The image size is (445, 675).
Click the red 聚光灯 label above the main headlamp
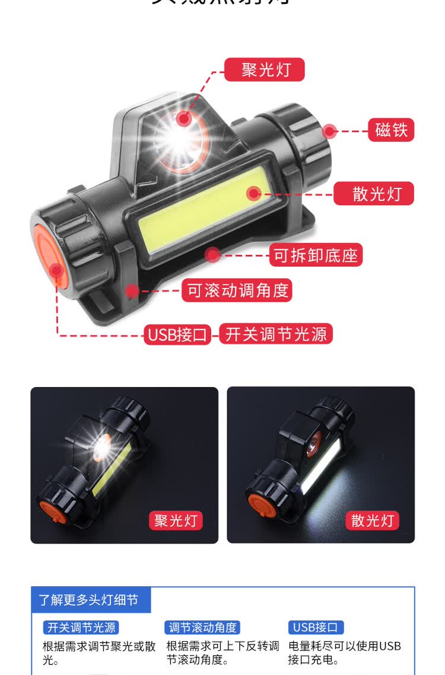265,70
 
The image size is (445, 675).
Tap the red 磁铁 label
392,130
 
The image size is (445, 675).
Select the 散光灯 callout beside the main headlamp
374,193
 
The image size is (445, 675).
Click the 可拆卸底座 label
316,255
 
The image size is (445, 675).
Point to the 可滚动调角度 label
237,290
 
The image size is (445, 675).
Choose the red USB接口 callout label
177,334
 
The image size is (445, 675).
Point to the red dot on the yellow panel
254,193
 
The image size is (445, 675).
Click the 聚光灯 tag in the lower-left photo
176,520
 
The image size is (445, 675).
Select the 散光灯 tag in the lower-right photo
373,520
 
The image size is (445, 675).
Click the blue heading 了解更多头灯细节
89,600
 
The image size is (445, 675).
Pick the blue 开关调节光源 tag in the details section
81,628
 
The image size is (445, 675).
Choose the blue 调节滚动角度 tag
202,628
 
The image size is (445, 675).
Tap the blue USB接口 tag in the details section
316,628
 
